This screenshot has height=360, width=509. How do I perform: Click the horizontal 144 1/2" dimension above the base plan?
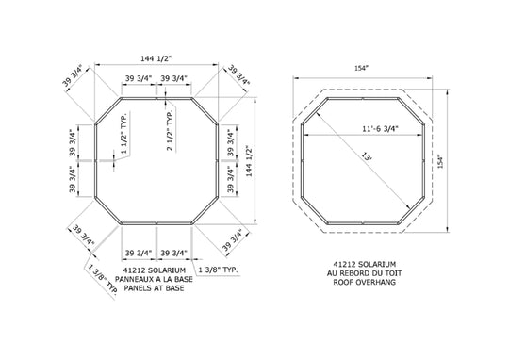click(156, 58)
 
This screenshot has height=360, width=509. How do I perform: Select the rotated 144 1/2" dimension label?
click(249, 161)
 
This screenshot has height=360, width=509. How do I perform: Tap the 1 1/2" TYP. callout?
click(123, 134)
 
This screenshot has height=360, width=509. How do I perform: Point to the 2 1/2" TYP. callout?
click(170, 130)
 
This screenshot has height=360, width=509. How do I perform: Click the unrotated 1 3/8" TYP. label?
click(218, 270)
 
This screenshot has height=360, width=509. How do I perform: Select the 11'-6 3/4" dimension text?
click(380, 128)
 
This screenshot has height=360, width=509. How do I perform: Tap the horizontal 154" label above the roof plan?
click(362, 68)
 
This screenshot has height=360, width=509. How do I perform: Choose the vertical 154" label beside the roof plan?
click(440, 161)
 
